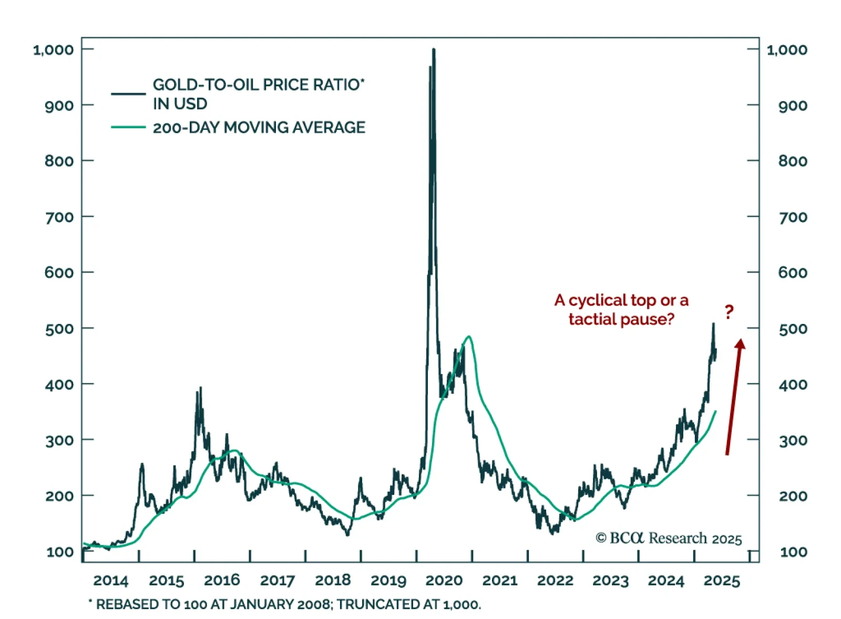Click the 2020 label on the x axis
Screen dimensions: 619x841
point(444,580)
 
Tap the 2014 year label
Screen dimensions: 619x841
point(110,581)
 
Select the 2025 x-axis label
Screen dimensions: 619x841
point(722,581)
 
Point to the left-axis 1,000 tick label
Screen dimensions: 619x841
point(53,50)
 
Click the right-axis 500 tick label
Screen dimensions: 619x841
point(793,329)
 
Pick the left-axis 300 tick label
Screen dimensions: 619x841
point(59,440)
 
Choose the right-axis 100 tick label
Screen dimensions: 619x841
point(793,552)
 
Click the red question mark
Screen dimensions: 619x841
point(729,312)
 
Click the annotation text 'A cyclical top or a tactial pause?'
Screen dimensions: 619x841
point(621,309)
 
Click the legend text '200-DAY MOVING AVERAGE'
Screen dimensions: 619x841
point(259,127)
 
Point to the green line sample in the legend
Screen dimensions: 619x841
point(128,127)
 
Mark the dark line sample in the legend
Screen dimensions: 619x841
point(128,94)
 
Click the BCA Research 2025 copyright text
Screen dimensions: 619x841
point(668,538)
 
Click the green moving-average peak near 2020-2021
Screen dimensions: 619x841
point(468,337)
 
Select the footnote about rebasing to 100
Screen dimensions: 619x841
point(284,604)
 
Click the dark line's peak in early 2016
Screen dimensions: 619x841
point(200,388)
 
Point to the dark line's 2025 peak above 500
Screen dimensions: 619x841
point(713,323)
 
